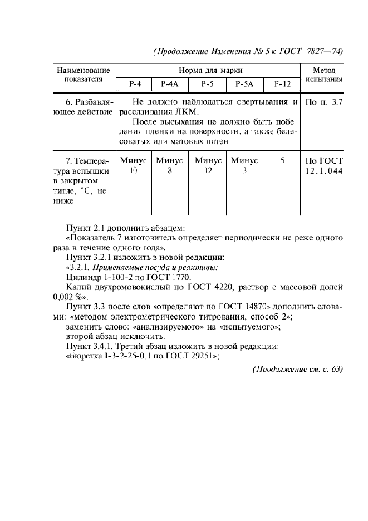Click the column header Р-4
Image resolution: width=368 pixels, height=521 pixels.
click(134, 84)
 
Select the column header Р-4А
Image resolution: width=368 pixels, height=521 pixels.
click(169, 84)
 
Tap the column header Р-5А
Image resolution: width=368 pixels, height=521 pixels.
click(244, 84)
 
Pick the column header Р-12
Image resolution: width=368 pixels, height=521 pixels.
click(282, 84)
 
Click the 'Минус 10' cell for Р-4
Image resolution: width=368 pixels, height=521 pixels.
click(133, 166)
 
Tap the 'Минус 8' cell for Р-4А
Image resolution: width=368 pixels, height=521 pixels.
click(169, 166)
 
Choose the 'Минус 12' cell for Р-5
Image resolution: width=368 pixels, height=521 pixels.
click(208, 166)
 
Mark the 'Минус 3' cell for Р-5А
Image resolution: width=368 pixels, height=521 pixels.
click(244, 166)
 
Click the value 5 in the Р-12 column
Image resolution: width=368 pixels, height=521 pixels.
click(282, 160)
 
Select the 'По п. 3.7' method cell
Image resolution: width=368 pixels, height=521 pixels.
click(324, 102)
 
